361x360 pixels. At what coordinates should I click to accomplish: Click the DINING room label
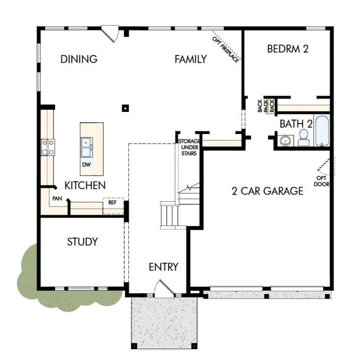(79, 59)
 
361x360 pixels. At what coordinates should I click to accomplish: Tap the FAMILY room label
(190, 59)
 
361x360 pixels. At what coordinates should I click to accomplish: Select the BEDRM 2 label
(287, 49)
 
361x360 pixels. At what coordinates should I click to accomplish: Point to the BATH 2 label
(296, 123)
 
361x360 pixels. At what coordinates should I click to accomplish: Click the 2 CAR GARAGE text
(267, 191)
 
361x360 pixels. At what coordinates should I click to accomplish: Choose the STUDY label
(82, 242)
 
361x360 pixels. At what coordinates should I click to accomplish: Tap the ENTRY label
(163, 267)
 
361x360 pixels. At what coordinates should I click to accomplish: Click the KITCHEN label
(85, 185)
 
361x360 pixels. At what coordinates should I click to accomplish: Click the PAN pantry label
(57, 198)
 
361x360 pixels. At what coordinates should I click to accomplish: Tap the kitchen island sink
(87, 147)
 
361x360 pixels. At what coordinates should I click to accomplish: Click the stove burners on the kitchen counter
(48, 147)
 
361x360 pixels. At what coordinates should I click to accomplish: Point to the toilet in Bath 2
(303, 138)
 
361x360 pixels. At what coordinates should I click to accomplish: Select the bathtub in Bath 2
(322, 131)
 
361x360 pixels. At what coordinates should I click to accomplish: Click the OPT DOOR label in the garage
(322, 181)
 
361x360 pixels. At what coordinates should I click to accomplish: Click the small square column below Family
(125, 108)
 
